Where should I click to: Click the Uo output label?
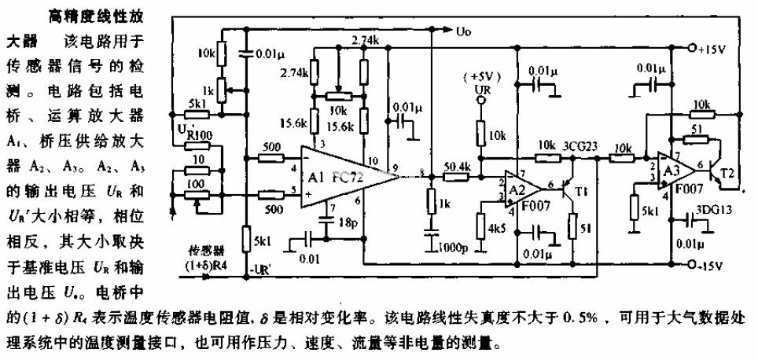tap(463, 31)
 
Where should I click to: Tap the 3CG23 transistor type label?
tap(580, 146)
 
